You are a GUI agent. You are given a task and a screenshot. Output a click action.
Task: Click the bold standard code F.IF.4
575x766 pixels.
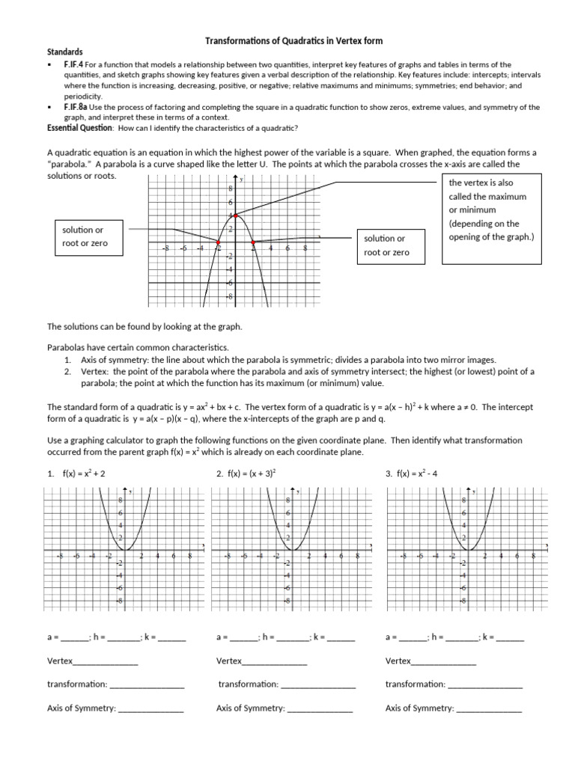point(76,65)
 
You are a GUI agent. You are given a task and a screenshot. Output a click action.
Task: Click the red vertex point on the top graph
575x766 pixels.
point(236,215)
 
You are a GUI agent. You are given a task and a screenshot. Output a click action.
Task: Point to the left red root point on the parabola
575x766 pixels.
point(219,242)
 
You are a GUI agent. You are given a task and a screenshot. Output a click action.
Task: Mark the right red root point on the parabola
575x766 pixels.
point(253,242)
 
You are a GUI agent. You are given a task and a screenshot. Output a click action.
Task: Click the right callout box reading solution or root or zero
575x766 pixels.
point(385,245)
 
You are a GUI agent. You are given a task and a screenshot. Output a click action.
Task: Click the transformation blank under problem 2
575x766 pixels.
point(318,685)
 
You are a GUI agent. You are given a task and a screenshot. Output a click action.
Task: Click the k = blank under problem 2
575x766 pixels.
point(341,639)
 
